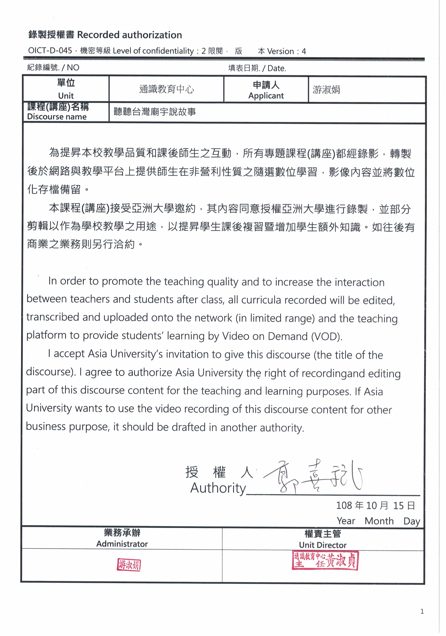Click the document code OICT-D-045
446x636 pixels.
tap(50, 51)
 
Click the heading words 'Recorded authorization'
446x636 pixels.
tap(129, 35)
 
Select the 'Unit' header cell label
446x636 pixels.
tap(66, 96)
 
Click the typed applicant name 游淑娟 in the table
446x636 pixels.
tap(326, 90)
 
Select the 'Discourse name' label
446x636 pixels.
tap(57, 117)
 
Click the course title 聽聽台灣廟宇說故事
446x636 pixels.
tap(155, 112)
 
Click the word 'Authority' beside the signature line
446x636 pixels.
tap(218, 488)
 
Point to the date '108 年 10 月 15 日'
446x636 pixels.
tap(375, 506)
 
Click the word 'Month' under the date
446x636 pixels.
tap(379, 521)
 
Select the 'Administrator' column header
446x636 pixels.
tap(122, 544)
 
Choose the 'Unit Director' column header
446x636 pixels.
tap(323, 545)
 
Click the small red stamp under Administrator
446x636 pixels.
tap(129, 565)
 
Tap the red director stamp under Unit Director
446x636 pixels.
tap(325, 560)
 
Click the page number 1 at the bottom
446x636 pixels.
tap(422, 611)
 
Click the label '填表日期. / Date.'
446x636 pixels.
tap(257, 68)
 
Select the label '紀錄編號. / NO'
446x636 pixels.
tap(53, 68)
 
